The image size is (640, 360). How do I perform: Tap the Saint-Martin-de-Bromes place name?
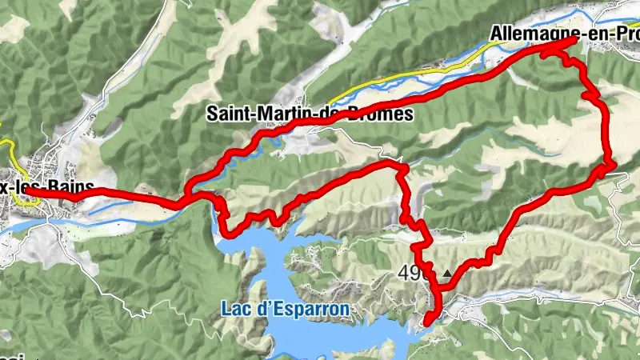[310, 114]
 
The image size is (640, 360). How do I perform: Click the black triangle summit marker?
[446, 274]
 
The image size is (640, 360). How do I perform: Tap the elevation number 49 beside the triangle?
[408, 274]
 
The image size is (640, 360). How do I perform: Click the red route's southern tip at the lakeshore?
[426, 322]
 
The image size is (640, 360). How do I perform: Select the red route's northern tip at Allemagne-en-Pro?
[574, 40]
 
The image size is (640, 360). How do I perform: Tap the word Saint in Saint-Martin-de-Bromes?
[227, 114]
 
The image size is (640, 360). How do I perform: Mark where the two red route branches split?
[186, 197]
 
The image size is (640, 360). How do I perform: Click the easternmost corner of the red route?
[613, 164]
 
